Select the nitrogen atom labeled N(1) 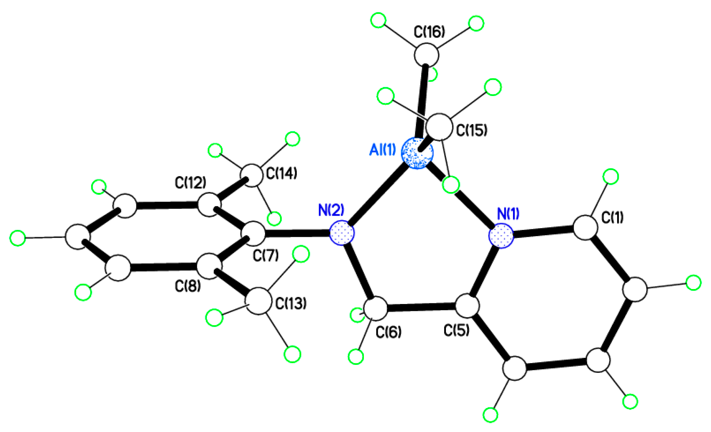[501, 236]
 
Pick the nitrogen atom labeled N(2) [342, 232]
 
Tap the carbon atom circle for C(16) [426, 55]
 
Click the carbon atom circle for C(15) [439, 127]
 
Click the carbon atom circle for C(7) [253, 234]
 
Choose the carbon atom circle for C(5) [468, 306]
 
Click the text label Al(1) [382, 150]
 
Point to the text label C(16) [429, 32]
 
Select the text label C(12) [190, 182]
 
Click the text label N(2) [331, 210]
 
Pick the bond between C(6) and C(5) [421, 307]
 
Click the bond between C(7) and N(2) [297, 233]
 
